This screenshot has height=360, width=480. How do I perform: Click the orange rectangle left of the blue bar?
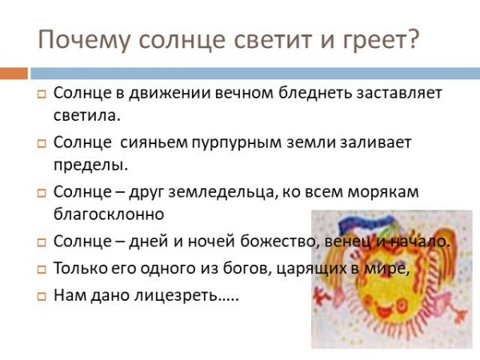14,73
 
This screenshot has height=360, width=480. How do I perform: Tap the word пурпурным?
243,143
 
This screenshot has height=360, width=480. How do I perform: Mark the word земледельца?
213,192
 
